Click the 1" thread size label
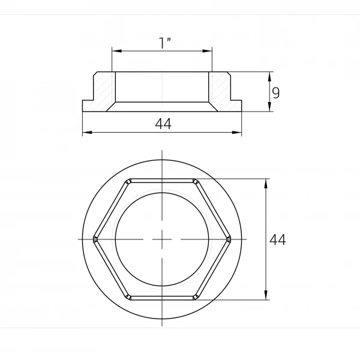click(x=165, y=43)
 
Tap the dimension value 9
click(x=276, y=93)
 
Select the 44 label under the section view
click(x=163, y=124)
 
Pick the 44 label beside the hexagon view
click(x=278, y=240)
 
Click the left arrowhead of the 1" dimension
click(x=116, y=51)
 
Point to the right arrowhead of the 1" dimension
click(x=208, y=51)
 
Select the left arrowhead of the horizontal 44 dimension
click(x=87, y=133)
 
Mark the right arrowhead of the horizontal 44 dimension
click(x=237, y=133)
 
